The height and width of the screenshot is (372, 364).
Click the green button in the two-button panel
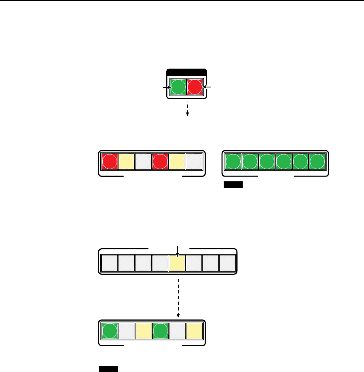pos(178,87)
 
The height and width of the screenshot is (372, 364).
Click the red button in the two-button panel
pos(195,87)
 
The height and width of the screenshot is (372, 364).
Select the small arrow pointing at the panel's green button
pos(166,87)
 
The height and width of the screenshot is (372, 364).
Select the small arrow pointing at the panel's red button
pos(207,87)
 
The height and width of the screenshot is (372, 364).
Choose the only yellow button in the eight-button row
pos(177,263)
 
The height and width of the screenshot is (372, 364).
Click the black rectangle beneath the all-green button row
pos(233,185)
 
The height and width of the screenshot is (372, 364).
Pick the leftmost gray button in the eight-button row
pos(109,263)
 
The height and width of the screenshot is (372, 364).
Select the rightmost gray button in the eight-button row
pos(228,263)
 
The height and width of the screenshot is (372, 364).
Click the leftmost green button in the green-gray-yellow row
pos(109,331)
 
